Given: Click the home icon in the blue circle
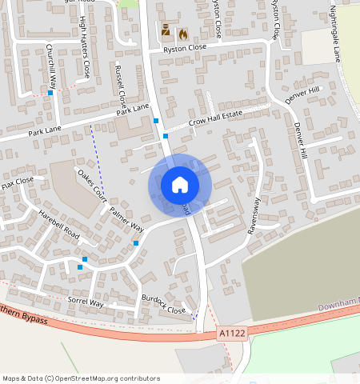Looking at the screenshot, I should (180, 185).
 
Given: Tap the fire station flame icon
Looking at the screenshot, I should (182, 34).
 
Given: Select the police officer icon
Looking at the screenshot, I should (166, 31).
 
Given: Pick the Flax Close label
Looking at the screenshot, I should (18, 185).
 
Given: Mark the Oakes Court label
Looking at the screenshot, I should (91, 182).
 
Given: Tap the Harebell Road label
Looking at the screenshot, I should (60, 226).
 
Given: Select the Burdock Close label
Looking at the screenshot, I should (164, 305).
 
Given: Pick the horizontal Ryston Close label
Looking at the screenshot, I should (185, 48).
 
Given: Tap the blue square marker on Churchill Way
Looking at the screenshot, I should (50, 93).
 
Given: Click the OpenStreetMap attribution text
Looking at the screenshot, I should (82, 378).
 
